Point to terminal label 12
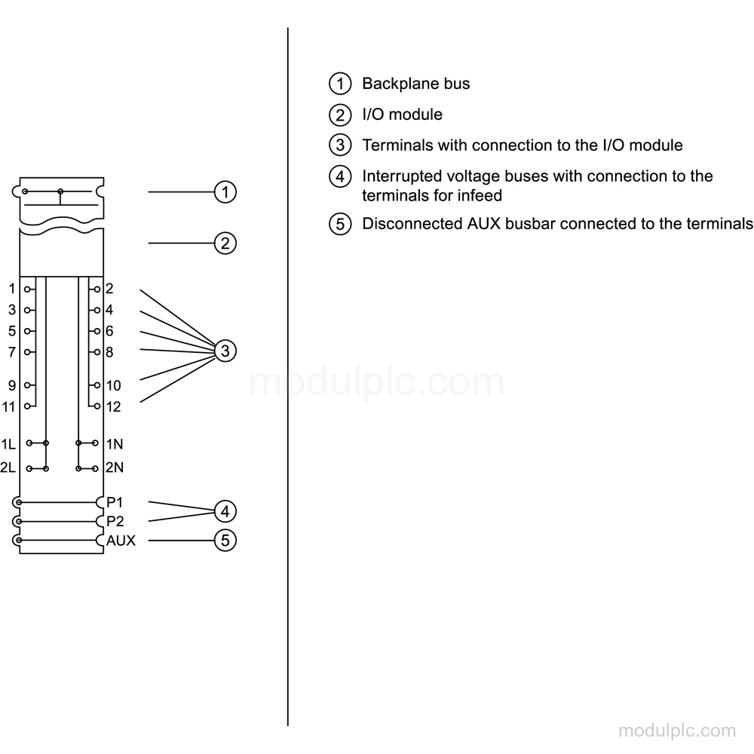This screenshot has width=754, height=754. tap(114, 407)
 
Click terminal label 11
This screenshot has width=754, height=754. tap(8, 407)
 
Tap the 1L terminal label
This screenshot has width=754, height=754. tap(8, 444)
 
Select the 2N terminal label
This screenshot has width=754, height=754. tap(115, 467)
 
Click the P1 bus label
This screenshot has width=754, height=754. tap(115, 502)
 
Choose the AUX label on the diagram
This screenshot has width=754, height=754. tap(121, 541)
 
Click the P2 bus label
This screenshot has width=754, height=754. tap(115, 521)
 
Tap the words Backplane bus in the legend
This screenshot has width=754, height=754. tap(416, 84)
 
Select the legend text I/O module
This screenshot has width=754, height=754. tap(402, 115)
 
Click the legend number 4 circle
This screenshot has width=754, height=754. tap(340, 176)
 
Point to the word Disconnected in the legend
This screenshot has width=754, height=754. tap(412, 224)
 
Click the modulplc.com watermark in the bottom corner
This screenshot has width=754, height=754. tap(677, 731)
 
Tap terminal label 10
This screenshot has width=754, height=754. tap(114, 385)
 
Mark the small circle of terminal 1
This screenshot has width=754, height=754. tap(28, 289)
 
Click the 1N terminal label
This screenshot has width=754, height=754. tap(115, 444)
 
